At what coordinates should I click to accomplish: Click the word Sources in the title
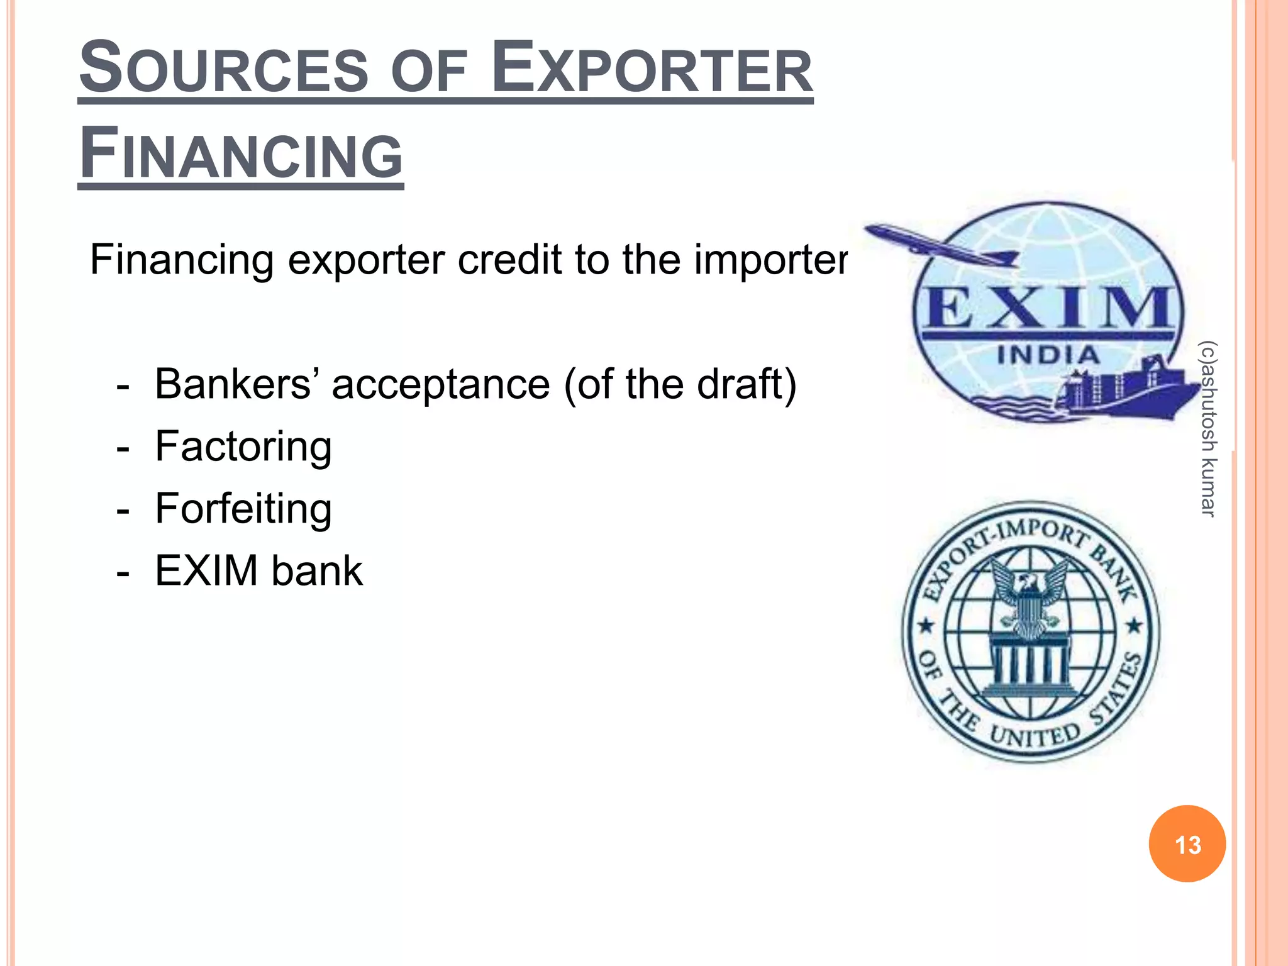pyautogui.click(x=223, y=68)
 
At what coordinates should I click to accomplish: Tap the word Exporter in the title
pyautogui.click(x=652, y=68)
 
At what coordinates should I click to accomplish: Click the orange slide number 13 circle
pyautogui.click(x=1187, y=844)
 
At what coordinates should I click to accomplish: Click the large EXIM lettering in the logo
pyautogui.click(x=1046, y=308)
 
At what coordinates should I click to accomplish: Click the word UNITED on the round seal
pyautogui.click(x=1035, y=735)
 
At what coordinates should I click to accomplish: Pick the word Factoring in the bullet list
pyautogui.click(x=243, y=447)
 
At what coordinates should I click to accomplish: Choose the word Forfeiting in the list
pyautogui.click(x=243, y=508)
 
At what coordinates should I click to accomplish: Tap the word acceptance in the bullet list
pyautogui.click(x=440, y=385)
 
